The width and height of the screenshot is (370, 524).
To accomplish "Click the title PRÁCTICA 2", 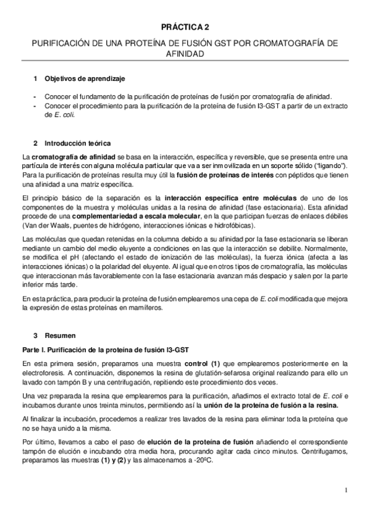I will [185, 28].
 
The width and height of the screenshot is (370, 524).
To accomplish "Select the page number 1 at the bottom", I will [347, 491].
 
